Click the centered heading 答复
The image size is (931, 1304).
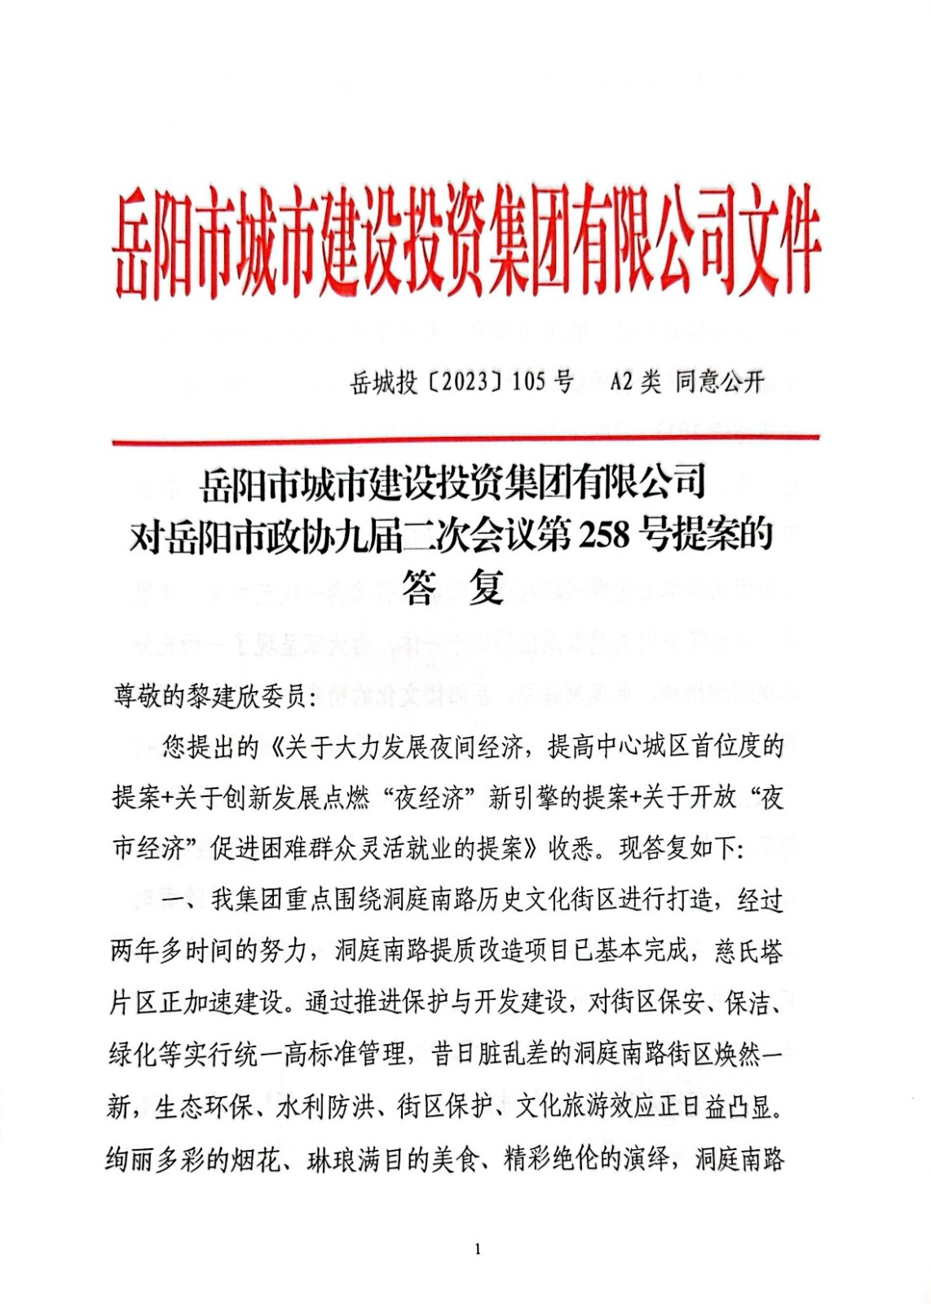click(453, 587)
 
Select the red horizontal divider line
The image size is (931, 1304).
click(465, 441)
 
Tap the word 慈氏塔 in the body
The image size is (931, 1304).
click(748, 951)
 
